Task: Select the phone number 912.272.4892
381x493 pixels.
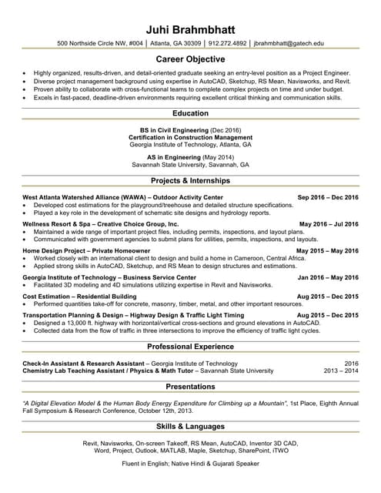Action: tap(227, 44)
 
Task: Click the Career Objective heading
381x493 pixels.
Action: tap(190, 59)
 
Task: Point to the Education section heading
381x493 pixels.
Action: tap(190, 113)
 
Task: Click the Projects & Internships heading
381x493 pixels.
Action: tap(190, 180)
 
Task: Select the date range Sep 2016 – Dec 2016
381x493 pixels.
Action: tap(328, 197)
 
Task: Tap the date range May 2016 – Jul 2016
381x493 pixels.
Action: tap(329, 224)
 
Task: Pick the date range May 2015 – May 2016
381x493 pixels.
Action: tap(327, 250)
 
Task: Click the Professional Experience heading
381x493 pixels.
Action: tap(190, 347)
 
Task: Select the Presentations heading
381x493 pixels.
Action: tap(190, 386)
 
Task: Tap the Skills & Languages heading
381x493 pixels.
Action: tap(190, 426)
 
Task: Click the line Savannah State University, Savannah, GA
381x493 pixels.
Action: tap(190, 164)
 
